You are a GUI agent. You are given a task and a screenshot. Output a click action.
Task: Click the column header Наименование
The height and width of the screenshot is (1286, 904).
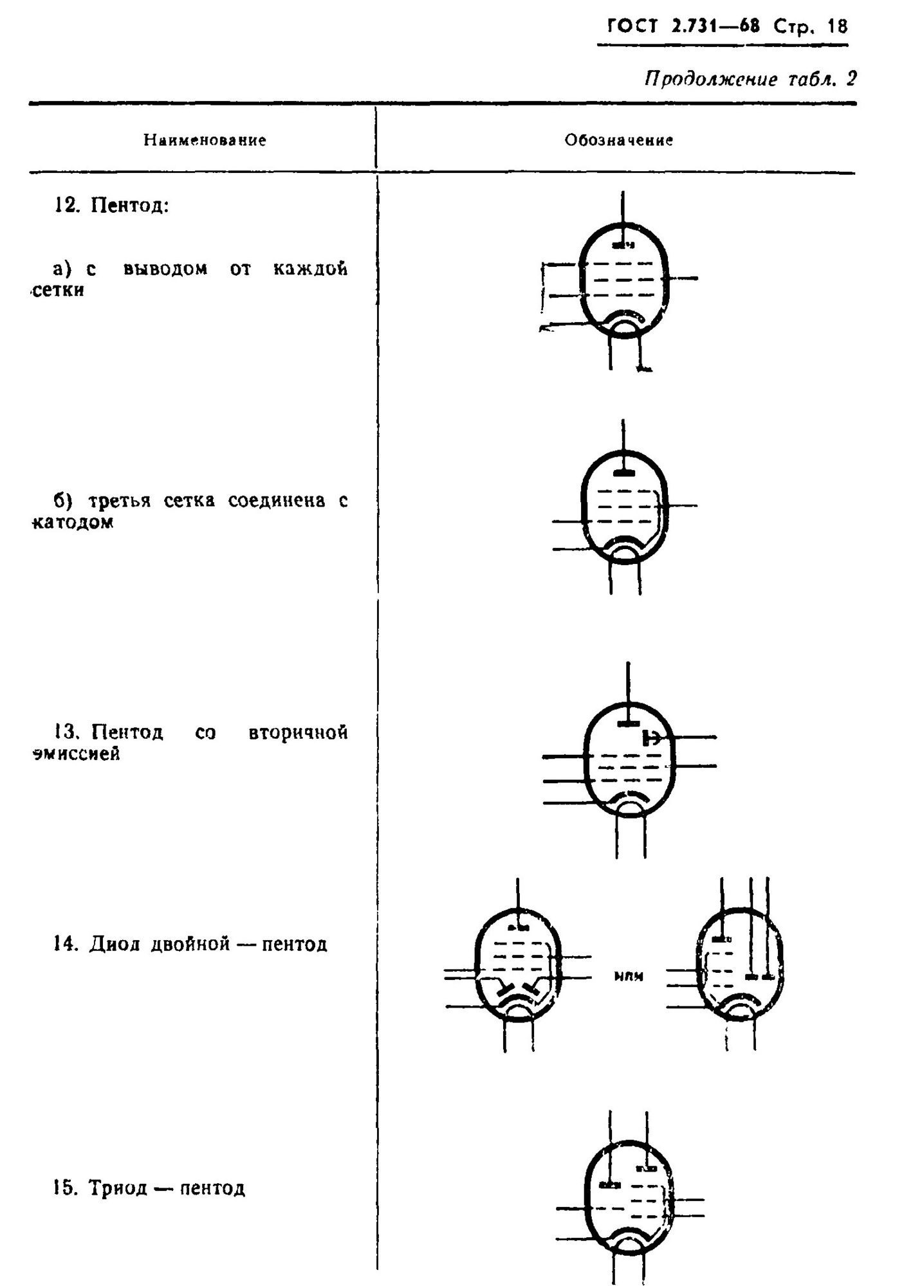tap(205, 140)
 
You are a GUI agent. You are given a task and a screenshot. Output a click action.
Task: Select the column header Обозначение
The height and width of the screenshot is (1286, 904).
tap(619, 140)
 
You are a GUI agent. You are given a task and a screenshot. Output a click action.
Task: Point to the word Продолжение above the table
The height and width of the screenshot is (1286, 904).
tap(702, 80)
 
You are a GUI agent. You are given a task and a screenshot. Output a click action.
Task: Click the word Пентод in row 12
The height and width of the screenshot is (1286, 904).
tap(129, 206)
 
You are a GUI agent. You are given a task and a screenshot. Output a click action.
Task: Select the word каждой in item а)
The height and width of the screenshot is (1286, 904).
tap(311, 268)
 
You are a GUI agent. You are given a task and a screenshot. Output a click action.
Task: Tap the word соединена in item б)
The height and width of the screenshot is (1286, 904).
tap(277, 500)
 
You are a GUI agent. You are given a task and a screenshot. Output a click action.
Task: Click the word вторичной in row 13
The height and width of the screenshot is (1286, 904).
tap(298, 732)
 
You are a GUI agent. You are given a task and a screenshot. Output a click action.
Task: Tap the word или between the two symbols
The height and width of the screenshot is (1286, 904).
tap(625, 976)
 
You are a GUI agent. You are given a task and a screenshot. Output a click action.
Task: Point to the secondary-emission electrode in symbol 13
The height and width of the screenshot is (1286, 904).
tap(652, 738)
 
